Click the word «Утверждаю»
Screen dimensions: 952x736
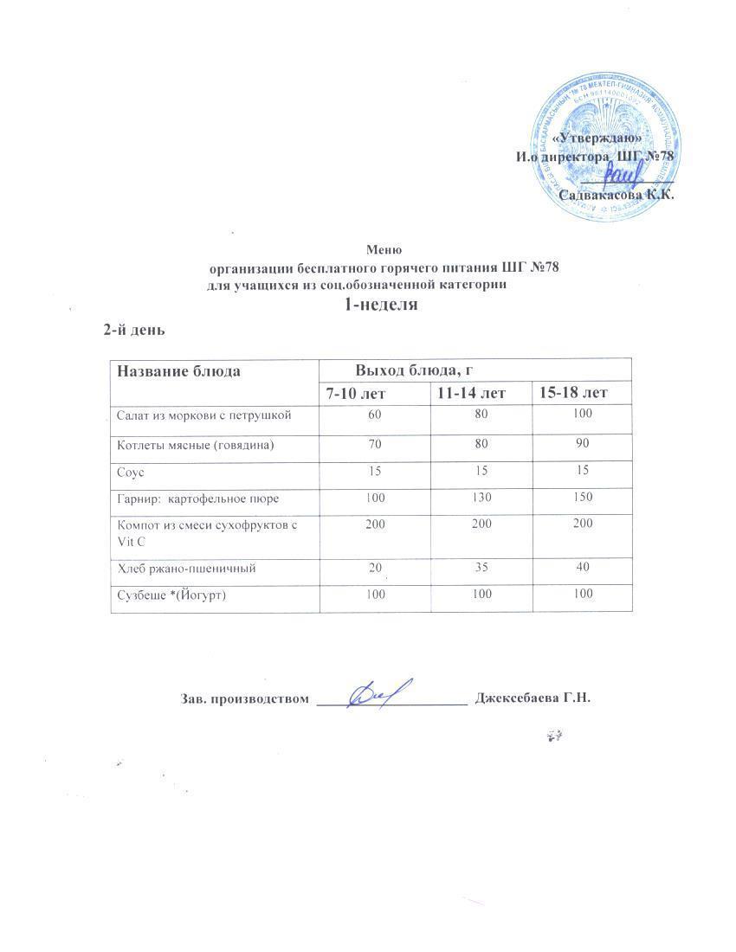597,138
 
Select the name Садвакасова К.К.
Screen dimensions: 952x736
617,195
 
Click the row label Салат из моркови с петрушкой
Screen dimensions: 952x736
203,415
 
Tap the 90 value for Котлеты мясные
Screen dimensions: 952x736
582,444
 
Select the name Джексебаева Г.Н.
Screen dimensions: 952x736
533,698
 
